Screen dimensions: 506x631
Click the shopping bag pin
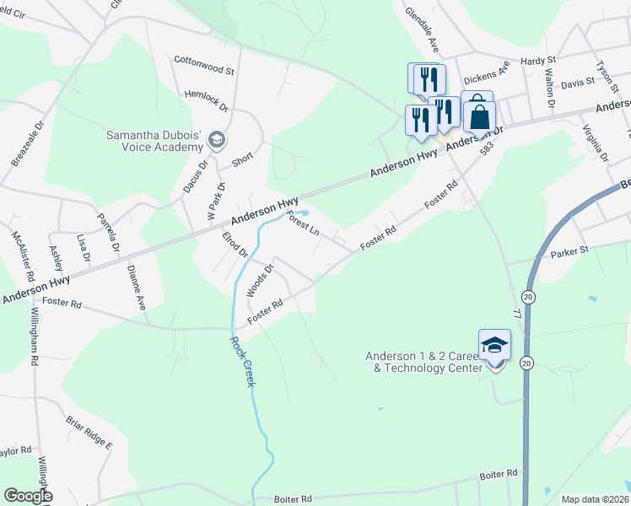479,117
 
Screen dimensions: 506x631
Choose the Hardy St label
537,61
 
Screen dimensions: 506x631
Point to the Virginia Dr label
595,143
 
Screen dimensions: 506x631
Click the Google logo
28,496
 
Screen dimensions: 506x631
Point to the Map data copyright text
595,499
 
